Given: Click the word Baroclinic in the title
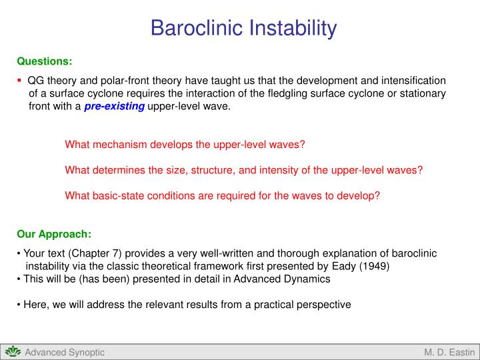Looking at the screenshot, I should click(197, 28).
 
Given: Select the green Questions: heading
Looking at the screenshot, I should click(45, 61).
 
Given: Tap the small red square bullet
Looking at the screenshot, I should click(20, 80).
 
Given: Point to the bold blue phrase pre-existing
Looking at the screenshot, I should click(114, 107).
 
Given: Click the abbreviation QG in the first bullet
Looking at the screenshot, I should click(36, 80).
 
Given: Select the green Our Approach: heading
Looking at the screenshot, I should click(54, 234).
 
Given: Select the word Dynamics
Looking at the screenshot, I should click(309, 279).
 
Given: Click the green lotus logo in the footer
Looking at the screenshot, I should click(13, 352).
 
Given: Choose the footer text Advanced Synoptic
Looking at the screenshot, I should click(65, 352).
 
